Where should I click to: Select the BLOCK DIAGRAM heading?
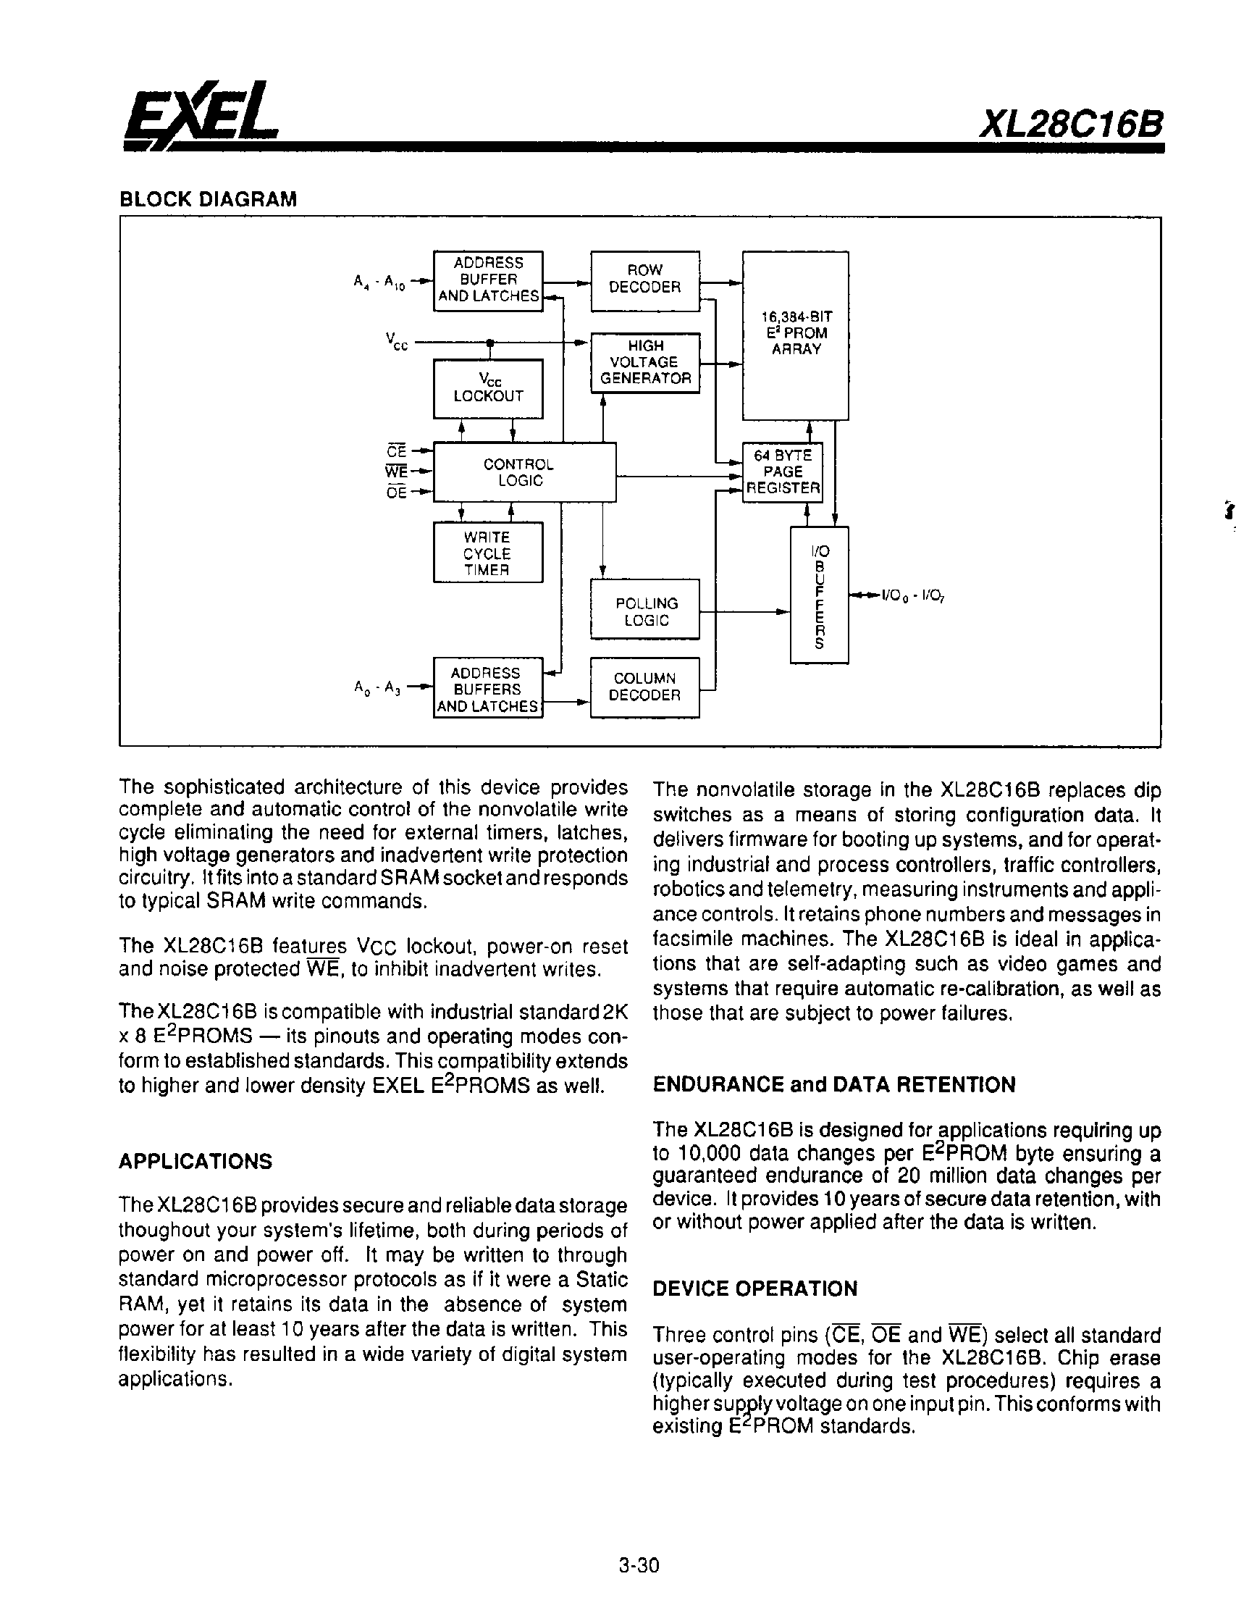[x=209, y=199]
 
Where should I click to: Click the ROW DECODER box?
[x=644, y=279]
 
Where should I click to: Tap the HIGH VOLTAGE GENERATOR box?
[x=644, y=362]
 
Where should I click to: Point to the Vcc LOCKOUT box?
[x=488, y=387]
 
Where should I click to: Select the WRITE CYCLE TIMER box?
[x=488, y=553]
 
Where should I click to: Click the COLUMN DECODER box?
[x=644, y=687]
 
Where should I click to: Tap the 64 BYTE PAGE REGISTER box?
[x=782, y=472]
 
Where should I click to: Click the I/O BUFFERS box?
[x=819, y=595]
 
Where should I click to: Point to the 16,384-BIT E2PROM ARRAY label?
[x=796, y=333]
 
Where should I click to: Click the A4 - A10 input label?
[x=379, y=282]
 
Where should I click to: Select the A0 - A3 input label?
[x=377, y=689]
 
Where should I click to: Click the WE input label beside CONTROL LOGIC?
[x=396, y=472]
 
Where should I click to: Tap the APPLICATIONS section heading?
[x=195, y=1161]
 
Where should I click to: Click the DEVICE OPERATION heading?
[x=754, y=1289]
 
